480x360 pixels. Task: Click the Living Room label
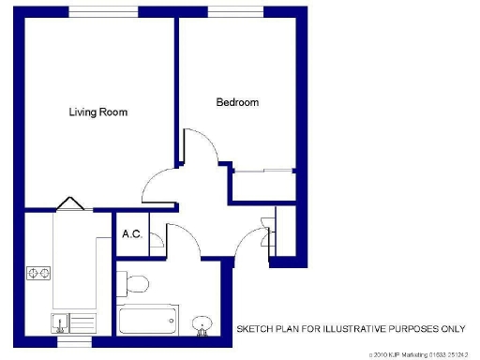[x=98, y=112]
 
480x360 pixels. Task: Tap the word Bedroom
[x=237, y=102]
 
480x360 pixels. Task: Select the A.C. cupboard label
[x=131, y=233]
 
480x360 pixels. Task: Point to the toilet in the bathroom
[x=137, y=283]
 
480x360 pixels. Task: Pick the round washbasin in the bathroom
[x=202, y=323]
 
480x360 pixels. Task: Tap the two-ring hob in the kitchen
[x=38, y=274]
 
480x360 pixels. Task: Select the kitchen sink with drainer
[x=73, y=323]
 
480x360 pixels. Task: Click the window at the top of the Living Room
[x=103, y=11]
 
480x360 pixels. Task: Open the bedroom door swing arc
[x=202, y=145]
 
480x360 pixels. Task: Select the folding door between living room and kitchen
[x=71, y=203]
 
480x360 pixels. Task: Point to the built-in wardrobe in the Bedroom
[x=263, y=186]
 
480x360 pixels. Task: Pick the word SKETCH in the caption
[x=254, y=329]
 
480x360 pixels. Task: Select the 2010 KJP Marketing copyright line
[x=418, y=353]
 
